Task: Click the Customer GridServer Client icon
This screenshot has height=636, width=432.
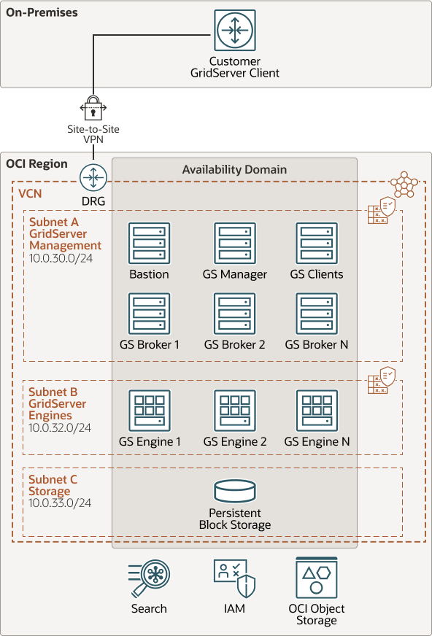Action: (235, 31)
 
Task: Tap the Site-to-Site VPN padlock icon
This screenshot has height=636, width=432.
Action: (93, 109)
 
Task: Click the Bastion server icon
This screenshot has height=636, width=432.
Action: (149, 243)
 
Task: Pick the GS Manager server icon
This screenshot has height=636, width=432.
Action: (235, 243)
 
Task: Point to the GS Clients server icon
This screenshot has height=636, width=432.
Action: (317, 243)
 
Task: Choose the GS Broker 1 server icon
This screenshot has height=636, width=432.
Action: (149, 314)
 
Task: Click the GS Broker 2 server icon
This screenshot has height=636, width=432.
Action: (235, 314)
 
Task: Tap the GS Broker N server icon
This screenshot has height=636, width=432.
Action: (317, 314)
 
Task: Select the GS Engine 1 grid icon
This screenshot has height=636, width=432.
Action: (149, 410)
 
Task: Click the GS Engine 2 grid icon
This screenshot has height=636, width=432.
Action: (235, 410)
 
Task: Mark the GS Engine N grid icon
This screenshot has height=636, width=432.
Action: (317, 410)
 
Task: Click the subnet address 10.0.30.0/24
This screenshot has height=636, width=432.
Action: (60, 258)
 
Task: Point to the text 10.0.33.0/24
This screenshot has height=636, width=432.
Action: (60, 503)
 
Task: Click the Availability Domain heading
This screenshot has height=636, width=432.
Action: (234, 169)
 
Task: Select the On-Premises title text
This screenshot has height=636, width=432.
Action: (42, 13)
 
